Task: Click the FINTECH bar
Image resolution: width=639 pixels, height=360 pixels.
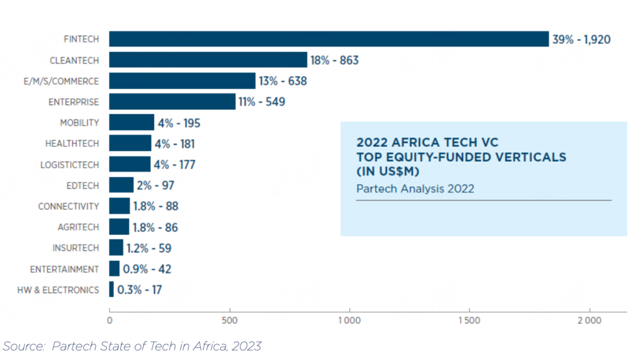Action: pyautogui.click(x=329, y=39)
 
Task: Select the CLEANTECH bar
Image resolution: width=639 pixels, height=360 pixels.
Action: pyautogui.click(x=208, y=60)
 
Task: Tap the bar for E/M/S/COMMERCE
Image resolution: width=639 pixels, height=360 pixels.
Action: pyautogui.click(x=182, y=81)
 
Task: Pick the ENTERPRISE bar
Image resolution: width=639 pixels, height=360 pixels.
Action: pyautogui.click(x=172, y=102)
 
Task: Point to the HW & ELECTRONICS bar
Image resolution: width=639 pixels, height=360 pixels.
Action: pyautogui.click(x=112, y=290)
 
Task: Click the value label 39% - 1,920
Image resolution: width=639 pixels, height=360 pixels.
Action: pyautogui.click(x=581, y=40)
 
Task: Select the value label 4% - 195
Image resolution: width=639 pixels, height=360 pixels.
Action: pyautogui.click(x=179, y=123)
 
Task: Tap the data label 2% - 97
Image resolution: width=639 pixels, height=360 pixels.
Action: pyautogui.click(x=156, y=185)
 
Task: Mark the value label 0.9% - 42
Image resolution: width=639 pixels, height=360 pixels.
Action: pyautogui.click(x=147, y=269)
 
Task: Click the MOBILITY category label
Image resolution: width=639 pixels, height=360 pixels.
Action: pyautogui.click(x=79, y=123)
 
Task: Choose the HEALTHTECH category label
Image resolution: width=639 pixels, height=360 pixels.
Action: pyautogui.click(x=72, y=144)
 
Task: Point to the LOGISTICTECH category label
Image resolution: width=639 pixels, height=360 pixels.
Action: pyautogui.click(x=70, y=165)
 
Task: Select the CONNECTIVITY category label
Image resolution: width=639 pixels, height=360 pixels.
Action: pyautogui.click(x=69, y=207)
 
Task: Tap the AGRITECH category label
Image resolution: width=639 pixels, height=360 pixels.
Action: pyautogui.click(x=78, y=227)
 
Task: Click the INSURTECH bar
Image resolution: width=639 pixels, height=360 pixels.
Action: pyautogui.click(x=116, y=247)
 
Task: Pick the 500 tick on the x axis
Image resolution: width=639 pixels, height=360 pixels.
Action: pyautogui.click(x=230, y=320)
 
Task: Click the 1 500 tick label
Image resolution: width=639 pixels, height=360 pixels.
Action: pyautogui.click(x=469, y=320)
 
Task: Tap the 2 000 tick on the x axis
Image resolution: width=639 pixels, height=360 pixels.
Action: pyautogui.click(x=589, y=320)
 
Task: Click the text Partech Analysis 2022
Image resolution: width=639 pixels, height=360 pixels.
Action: pyautogui.click(x=415, y=189)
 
